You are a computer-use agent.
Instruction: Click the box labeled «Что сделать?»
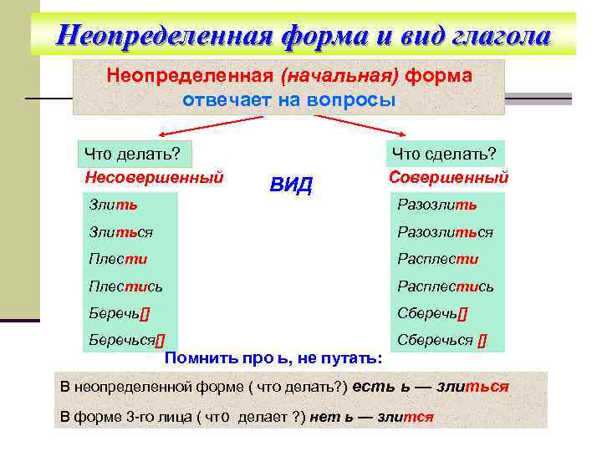click(444, 154)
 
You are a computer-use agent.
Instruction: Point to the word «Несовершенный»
click(154, 177)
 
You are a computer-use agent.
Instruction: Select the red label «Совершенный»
click(449, 177)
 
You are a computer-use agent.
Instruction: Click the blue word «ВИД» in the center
click(290, 185)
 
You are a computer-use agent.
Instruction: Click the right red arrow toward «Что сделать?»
click(360, 125)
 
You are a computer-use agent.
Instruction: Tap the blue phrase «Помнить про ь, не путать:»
click(274, 358)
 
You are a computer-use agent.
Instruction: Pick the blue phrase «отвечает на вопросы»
click(288, 99)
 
